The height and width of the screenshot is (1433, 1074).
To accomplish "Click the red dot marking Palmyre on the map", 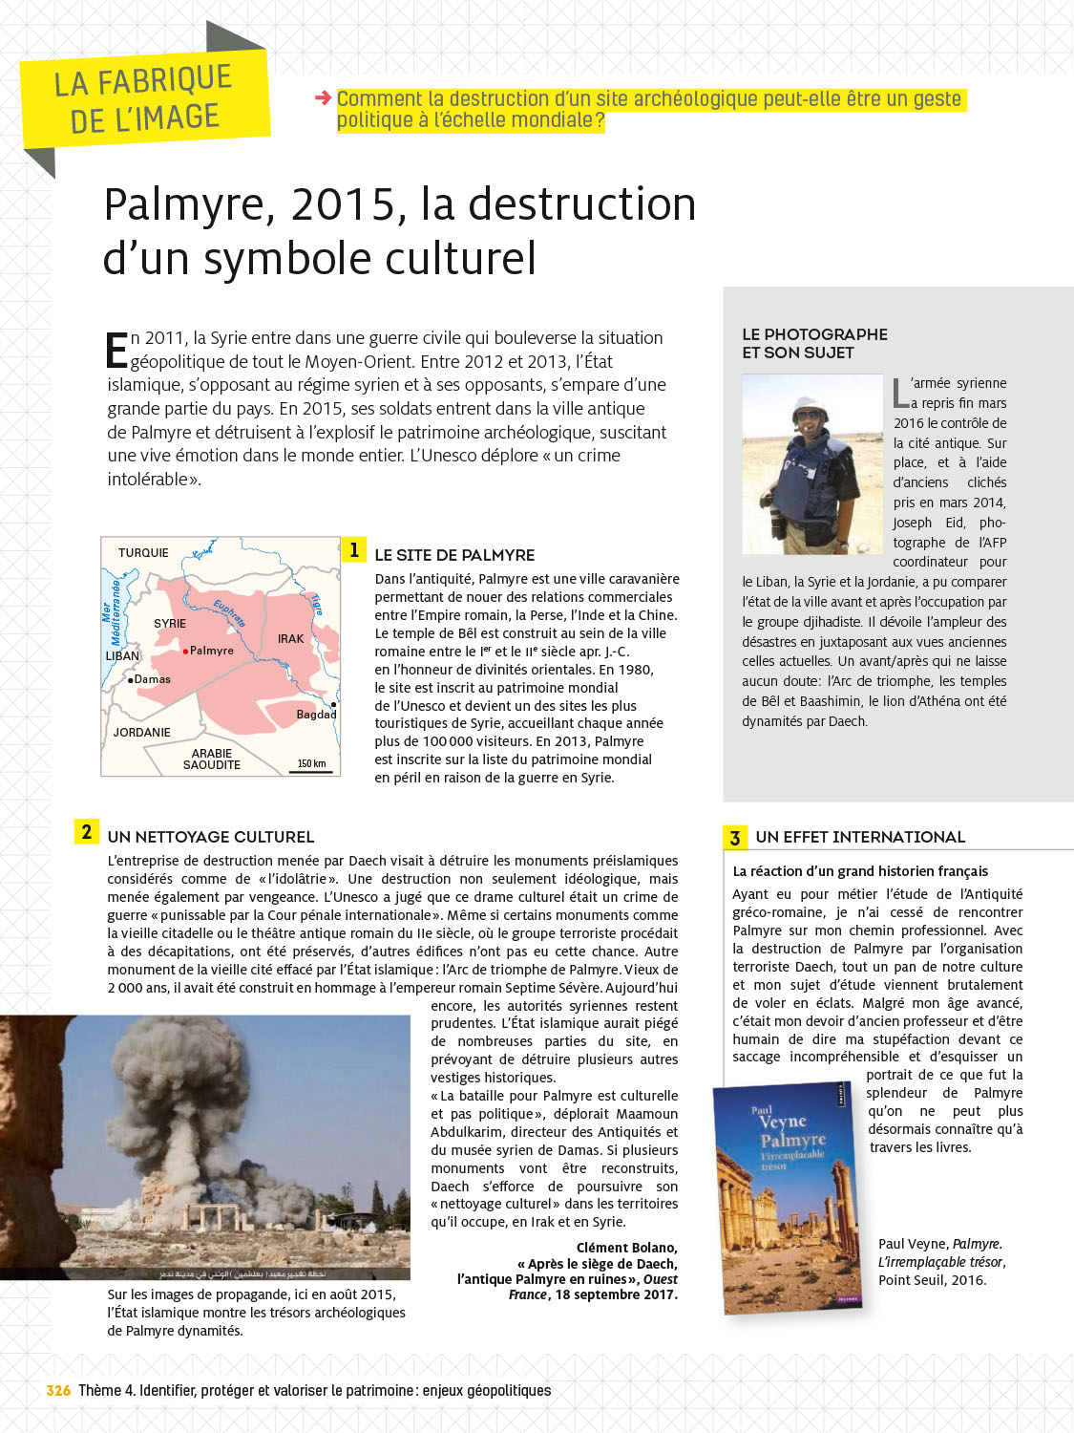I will click(185, 651).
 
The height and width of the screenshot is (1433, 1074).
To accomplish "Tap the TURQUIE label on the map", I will click(143, 553).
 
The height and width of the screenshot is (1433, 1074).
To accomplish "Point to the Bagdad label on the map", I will click(316, 715).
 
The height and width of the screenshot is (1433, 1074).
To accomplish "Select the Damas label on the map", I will click(152, 679).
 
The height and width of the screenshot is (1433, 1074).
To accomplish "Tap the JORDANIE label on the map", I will click(141, 733).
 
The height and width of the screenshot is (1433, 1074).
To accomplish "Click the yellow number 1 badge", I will click(354, 549).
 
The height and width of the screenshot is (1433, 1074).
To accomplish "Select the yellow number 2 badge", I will click(87, 831).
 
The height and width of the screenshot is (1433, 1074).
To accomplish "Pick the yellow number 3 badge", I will click(734, 838).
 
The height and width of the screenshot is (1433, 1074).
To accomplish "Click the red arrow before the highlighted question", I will click(323, 97).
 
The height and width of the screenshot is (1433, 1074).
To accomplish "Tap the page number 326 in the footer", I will click(58, 1391).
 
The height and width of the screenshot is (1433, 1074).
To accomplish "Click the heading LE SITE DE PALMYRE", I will click(454, 555).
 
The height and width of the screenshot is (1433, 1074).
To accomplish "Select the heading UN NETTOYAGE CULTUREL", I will click(211, 837).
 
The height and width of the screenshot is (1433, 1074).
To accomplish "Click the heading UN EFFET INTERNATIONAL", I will click(860, 837).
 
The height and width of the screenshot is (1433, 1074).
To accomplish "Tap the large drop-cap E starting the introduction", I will click(116, 350).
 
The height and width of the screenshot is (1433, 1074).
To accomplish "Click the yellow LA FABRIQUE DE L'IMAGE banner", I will click(143, 100).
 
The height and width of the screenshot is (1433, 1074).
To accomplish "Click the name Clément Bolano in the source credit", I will click(626, 1248).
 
